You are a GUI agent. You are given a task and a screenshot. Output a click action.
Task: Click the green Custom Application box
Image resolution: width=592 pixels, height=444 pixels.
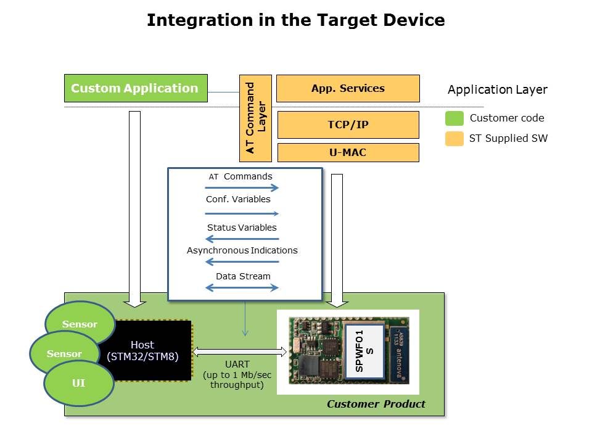click(x=136, y=88)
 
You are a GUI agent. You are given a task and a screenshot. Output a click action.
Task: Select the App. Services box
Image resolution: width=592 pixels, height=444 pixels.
click(x=348, y=88)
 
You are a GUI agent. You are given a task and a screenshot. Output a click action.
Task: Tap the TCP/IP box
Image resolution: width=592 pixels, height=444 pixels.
click(x=348, y=125)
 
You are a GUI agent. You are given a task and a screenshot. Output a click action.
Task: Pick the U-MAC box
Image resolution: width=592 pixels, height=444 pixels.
click(x=348, y=152)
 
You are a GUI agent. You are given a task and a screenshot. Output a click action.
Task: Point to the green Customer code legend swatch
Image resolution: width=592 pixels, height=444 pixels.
click(x=454, y=118)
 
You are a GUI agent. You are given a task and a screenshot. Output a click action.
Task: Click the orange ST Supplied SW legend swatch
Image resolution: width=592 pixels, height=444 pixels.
click(x=454, y=139)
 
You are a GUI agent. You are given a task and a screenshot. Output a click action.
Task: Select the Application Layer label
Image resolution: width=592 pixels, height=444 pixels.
click(x=497, y=90)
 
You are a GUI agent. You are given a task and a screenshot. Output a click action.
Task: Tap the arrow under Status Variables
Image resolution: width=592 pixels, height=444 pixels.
click(x=242, y=239)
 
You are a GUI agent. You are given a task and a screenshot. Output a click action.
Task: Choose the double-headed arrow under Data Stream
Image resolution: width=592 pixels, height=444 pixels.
click(x=242, y=287)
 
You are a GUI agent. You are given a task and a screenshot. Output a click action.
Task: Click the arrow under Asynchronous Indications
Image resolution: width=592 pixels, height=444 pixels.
click(x=242, y=262)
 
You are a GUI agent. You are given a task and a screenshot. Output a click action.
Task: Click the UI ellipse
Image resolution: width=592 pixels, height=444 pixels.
click(x=78, y=384)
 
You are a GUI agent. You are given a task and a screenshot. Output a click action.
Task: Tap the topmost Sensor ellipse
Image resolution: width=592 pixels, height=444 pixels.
click(x=80, y=324)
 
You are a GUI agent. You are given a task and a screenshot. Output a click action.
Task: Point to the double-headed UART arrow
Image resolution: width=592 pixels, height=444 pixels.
click(x=240, y=352)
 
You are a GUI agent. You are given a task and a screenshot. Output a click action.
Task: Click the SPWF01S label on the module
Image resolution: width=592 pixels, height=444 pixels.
click(x=364, y=350)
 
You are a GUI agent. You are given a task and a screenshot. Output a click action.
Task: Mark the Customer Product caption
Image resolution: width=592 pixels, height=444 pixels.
click(x=376, y=405)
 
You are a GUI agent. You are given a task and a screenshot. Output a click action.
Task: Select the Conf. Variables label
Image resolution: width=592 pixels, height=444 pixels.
click(x=238, y=199)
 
